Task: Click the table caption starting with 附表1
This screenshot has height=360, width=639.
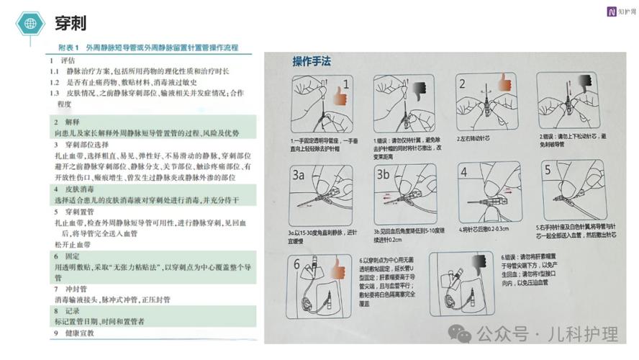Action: click(147, 48)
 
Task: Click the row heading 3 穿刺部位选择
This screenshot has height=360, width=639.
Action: click(79, 145)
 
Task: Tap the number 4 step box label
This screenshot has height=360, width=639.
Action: click(465, 174)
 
